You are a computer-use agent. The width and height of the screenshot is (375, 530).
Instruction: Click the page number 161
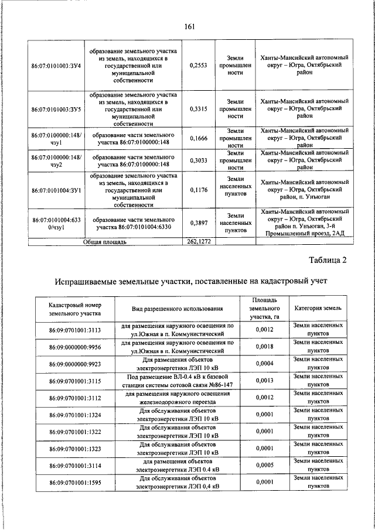188,26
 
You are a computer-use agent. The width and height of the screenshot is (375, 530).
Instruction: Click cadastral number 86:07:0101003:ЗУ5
56,109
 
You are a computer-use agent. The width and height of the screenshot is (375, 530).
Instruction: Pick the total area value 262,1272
199,241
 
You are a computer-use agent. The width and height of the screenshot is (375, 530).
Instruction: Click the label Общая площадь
104,241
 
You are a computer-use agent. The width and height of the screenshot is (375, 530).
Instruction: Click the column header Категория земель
318,308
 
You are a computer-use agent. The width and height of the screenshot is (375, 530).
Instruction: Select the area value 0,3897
199,223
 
